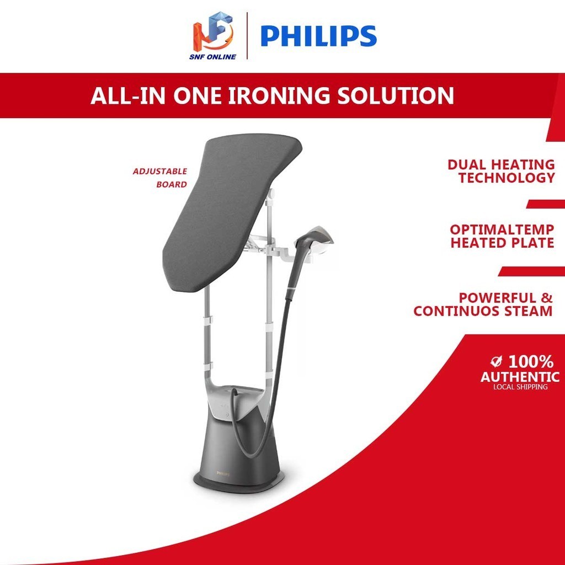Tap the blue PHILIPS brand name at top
(x=318, y=36)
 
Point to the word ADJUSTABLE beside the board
(x=160, y=172)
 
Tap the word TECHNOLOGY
(x=507, y=178)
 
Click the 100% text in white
(x=531, y=362)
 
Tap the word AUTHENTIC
(x=520, y=377)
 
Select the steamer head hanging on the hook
(x=317, y=234)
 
